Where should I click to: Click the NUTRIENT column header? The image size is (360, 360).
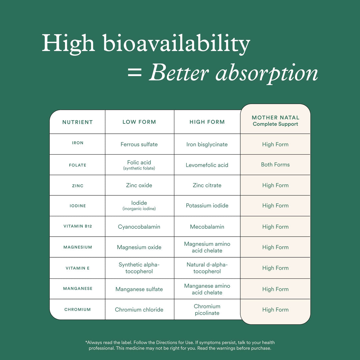point(77,122)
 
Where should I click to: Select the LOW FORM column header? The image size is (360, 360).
point(139,122)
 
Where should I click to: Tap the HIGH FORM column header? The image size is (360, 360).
point(207,122)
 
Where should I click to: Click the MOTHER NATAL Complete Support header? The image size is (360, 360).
point(275,121)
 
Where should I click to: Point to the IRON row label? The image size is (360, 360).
point(78,143)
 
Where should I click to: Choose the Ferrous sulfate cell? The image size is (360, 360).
point(139,144)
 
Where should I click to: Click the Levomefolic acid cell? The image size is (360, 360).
point(207,165)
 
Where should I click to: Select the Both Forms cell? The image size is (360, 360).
point(275,165)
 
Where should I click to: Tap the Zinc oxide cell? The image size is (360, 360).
point(139,185)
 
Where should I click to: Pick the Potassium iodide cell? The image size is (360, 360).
point(207,206)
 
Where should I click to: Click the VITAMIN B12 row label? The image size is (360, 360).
point(78,226)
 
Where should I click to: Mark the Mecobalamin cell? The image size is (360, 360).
point(207,227)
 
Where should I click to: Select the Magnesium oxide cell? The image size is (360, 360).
point(139,247)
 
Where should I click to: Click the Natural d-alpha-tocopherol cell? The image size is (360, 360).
point(207,268)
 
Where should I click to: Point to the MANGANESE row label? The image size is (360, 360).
point(78,289)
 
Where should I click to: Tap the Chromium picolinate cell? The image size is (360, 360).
point(207,310)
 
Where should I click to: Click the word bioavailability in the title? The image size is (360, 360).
point(176,44)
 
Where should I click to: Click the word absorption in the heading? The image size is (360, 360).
point(266,74)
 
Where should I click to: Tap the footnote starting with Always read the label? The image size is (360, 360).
point(180,345)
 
